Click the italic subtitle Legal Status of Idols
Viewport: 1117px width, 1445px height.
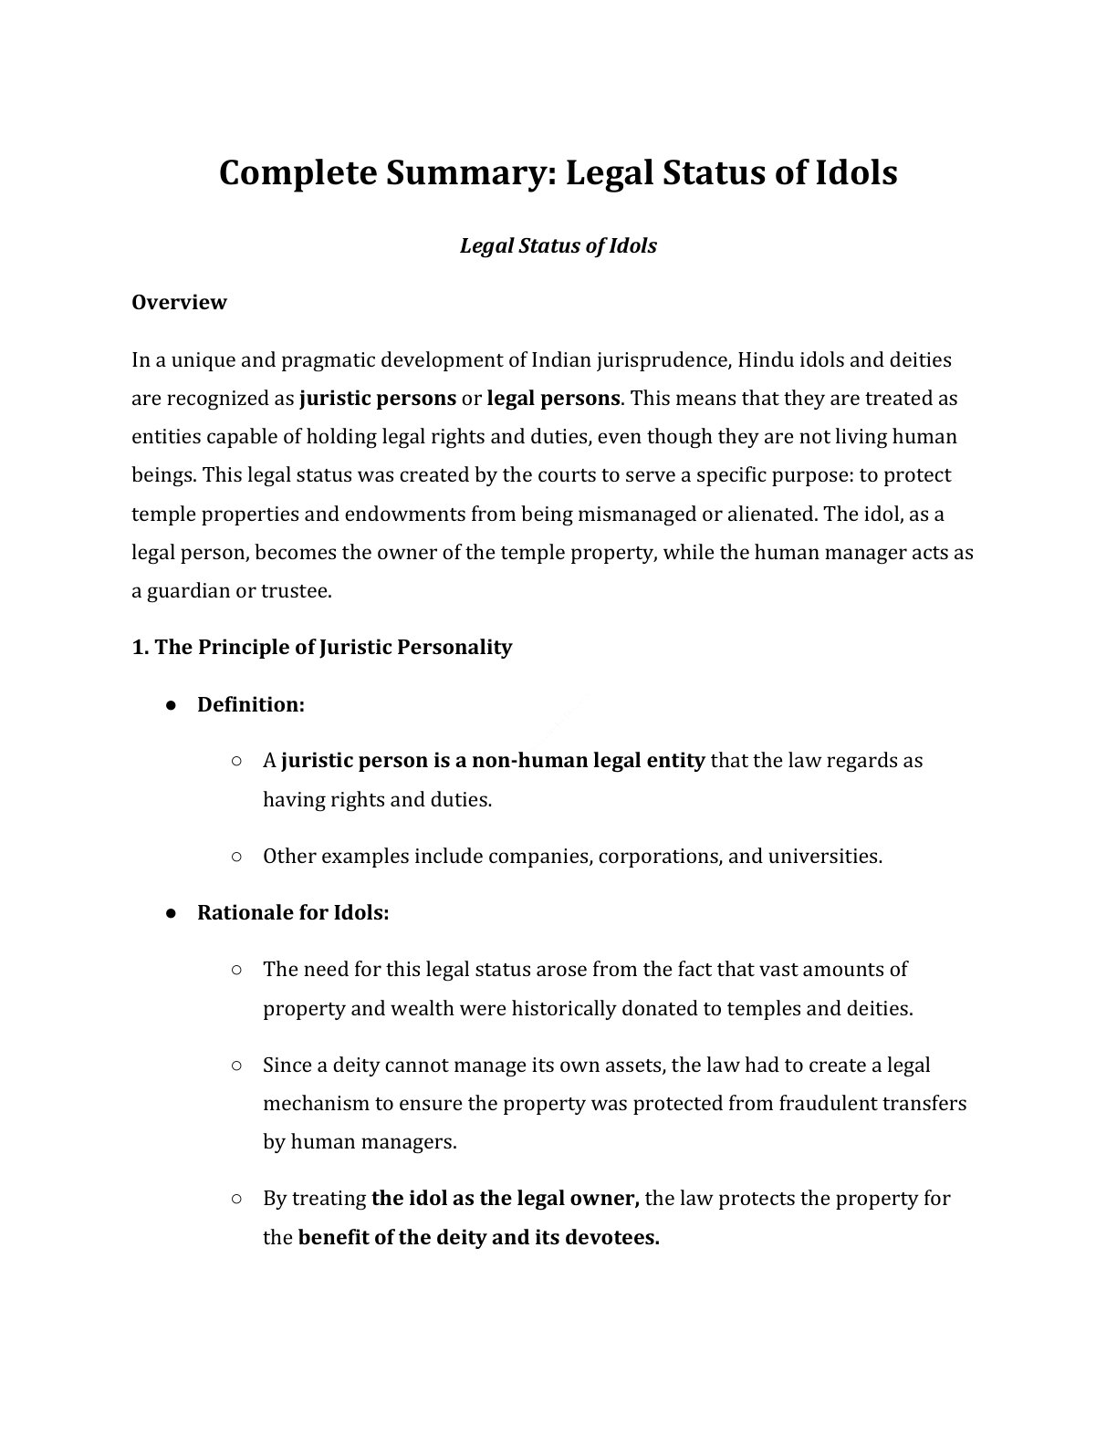pyautogui.click(x=558, y=245)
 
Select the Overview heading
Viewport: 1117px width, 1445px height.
pyautogui.click(x=179, y=302)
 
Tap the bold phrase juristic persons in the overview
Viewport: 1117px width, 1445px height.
pyautogui.click(x=378, y=398)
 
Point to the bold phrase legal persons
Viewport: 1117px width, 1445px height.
pyautogui.click(x=553, y=398)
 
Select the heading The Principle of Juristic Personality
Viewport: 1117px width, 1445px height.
pyautogui.click(x=322, y=647)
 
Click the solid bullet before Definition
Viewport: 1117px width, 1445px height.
pyautogui.click(x=171, y=705)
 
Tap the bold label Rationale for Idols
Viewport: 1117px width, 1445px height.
pyautogui.click(x=293, y=912)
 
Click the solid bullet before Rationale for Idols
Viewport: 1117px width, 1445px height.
pyautogui.click(x=171, y=913)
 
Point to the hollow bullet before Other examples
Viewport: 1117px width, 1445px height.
pyautogui.click(x=236, y=857)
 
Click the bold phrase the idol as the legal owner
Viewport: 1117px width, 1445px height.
pyautogui.click(x=506, y=1198)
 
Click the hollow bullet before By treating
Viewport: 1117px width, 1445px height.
pyautogui.click(x=236, y=1199)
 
